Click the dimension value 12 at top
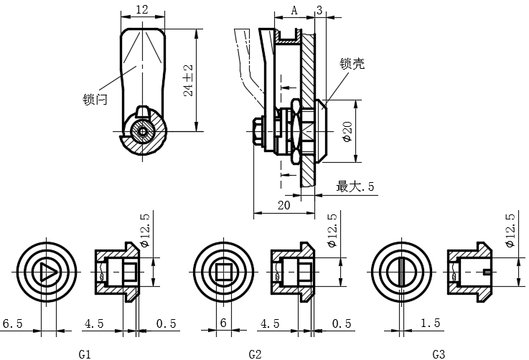pyautogui.click(x=141, y=9)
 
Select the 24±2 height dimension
pyautogui.click(x=188, y=80)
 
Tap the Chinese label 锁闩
pyautogui.click(x=95, y=100)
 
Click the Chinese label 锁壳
pyautogui.click(x=352, y=64)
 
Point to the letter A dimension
pyautogui.click(x=294, y=10)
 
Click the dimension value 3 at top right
pyautogui.click(x=319, y=10)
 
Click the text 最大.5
pyautogui.click(x=355, y=186)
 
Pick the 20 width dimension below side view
pyautogui.click(x=283, y=205)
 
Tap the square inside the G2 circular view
pyautogui.click(x=224, y=273)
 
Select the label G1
pyautogui.click(x=85, y=354)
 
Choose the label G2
pyautogui.click(x=255, y=354)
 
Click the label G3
pyautogui.click(x=439, y=354)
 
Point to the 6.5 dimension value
pyautogui.click(x=12, y=324)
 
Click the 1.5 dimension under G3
pyautogui.click(x=431, y=324)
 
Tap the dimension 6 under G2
pyautogui.click(x=223, y=324)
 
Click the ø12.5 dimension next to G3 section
pyautogui.click(x=510, y=230)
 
